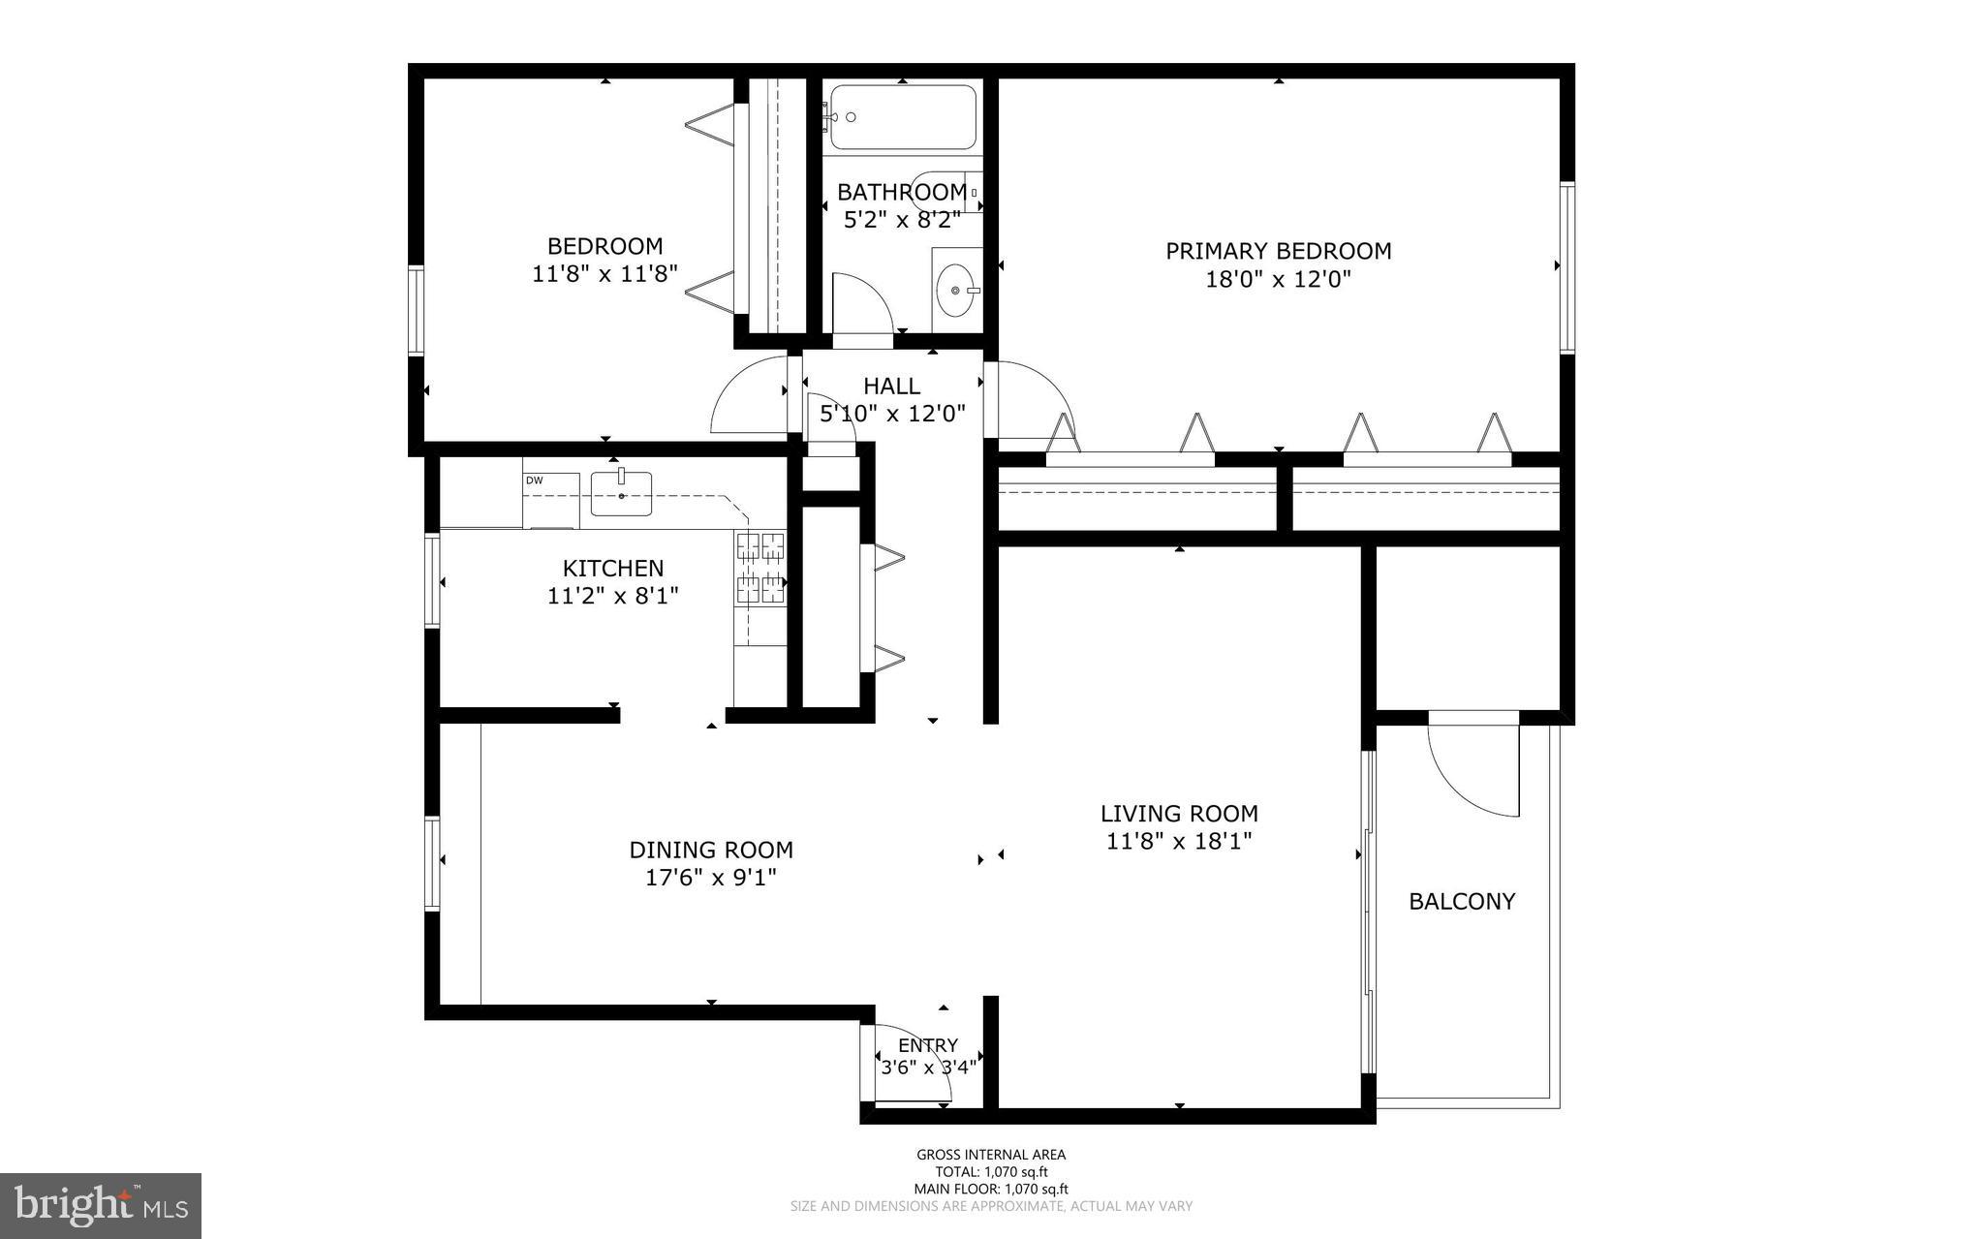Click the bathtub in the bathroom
(x=903, y=117)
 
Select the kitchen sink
(x=621, y=493)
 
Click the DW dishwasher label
(x=534, y=480)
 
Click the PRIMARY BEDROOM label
(x=1278, y=251)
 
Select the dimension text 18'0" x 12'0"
(x=1278, y=280)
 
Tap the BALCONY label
(x=1461, y=902)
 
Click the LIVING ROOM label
(x=1179, y=814)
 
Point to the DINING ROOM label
(x=711, y=850)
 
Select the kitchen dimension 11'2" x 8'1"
(x=612, y=595)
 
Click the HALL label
(x=891, y=387)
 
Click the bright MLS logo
(x=100, y=1205)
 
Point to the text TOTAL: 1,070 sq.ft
(x=991, y=1171)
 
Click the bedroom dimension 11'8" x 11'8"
(x=604, y=274)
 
